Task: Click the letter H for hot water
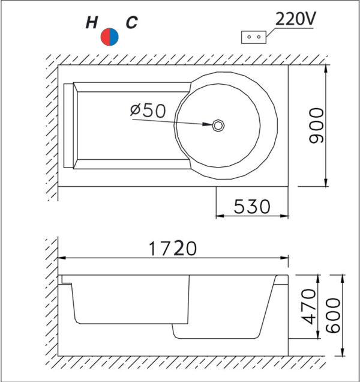(92, 22)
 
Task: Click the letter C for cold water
(131, 22)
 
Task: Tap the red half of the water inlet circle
(105, 37)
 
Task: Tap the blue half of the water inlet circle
(114, 37)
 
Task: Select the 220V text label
(295, 19)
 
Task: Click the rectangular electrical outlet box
(254, 37)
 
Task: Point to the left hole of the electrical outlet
(249, 37)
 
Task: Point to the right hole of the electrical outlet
(259, 37)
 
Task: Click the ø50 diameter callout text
(148, 111)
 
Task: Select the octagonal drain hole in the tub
(218, 126)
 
